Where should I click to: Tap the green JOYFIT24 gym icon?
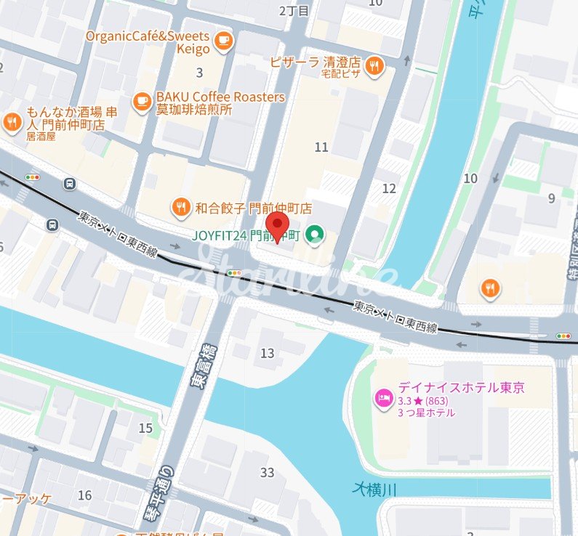coord(315,235)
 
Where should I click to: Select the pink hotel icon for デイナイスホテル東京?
coord(382,397)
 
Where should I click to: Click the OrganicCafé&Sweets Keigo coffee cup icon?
coord(224,42)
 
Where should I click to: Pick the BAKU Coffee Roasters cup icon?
coord(143,103)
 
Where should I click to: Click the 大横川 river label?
coord(375,490)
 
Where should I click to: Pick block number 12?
coord(389,189)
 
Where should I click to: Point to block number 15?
coord(145,429)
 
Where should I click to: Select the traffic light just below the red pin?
coord(234,273)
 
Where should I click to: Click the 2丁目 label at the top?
coord(294,10)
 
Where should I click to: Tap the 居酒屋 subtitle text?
coord(41,136)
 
